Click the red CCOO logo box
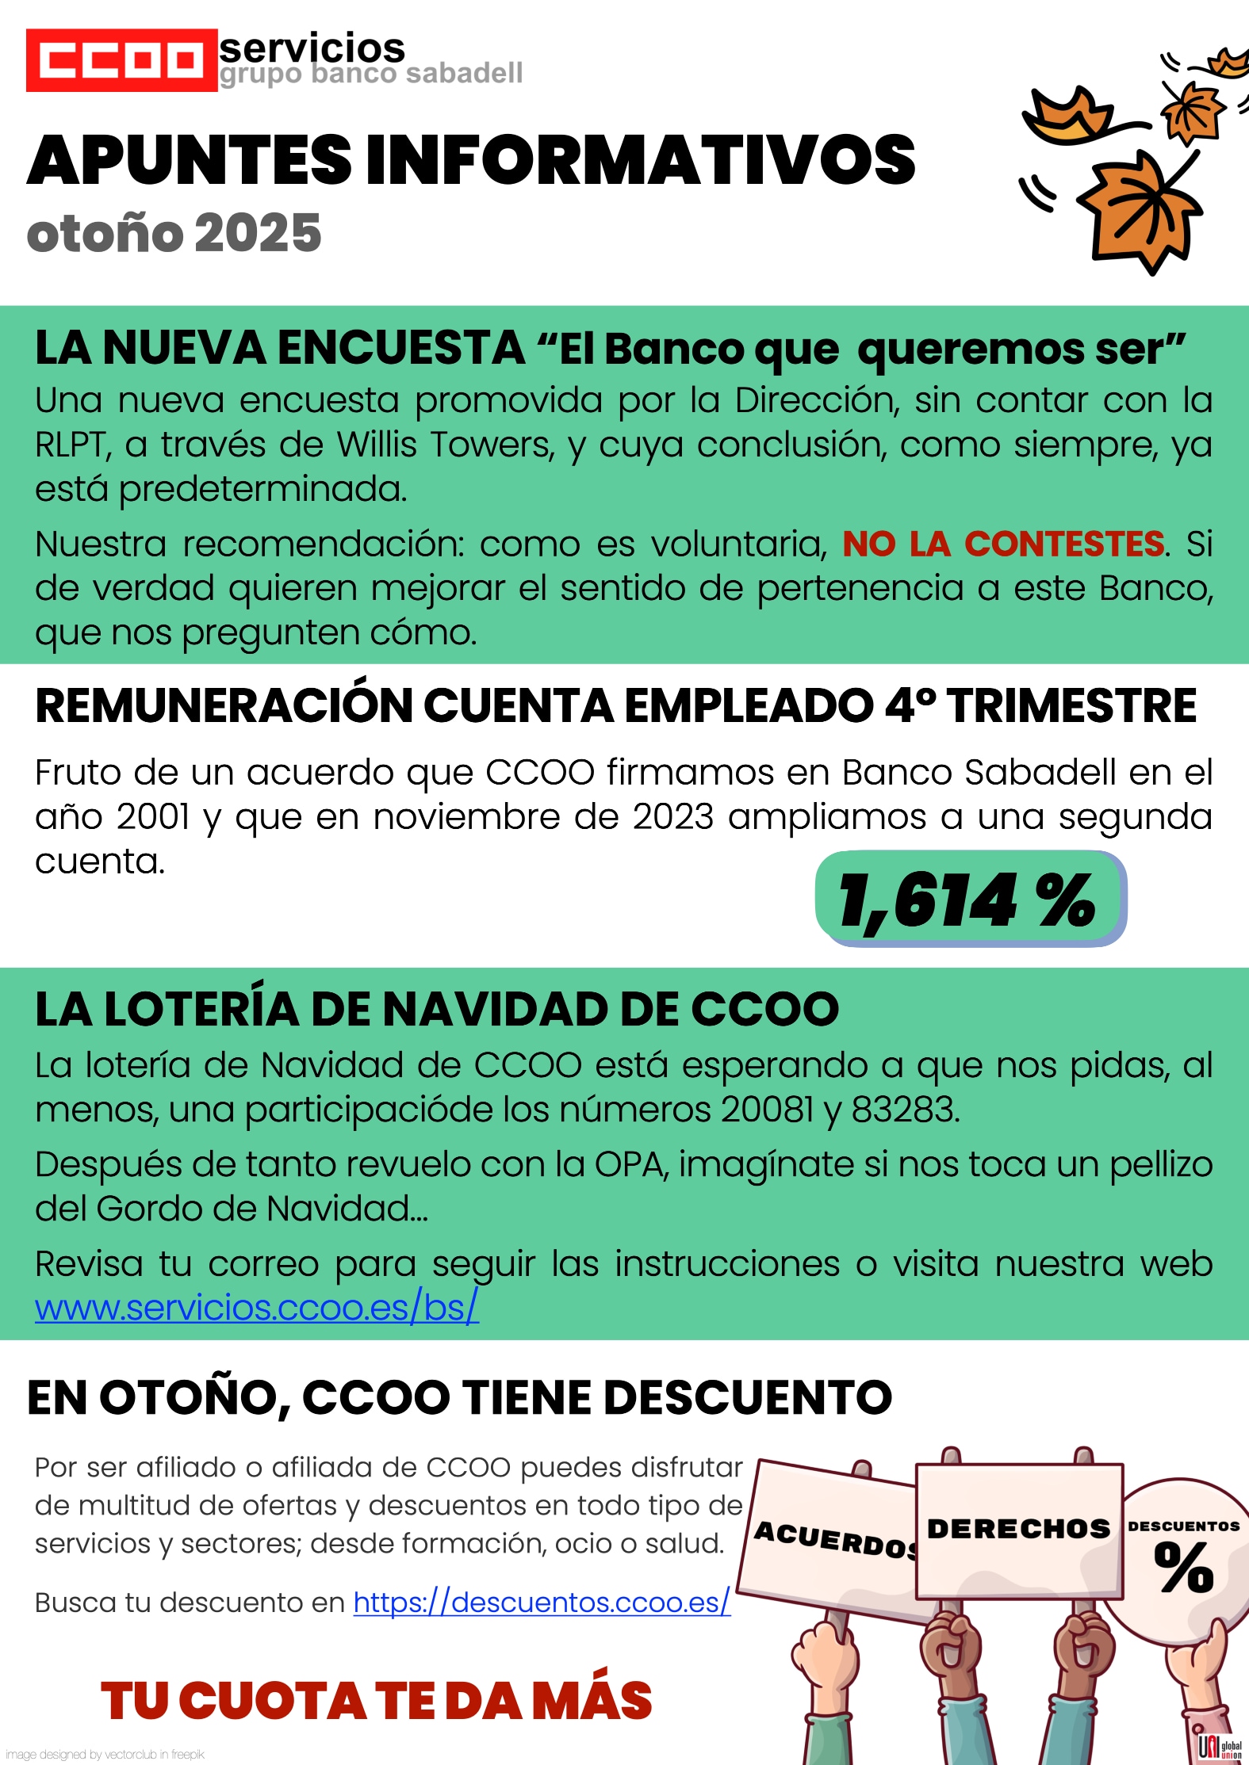121,60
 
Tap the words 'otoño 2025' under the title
174,234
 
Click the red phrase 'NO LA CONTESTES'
1003,544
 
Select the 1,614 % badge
969,900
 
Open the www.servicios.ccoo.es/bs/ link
256,1308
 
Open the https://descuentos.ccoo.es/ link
541,1603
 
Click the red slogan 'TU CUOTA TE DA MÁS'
376,1702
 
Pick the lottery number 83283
905,1110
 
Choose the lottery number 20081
767,1110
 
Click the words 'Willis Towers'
445,445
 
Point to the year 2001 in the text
153,817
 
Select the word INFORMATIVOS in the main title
640,160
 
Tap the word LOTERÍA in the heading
201,1010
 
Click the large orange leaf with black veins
1140,209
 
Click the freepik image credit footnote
105,1755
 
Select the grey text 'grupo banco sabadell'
370,74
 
